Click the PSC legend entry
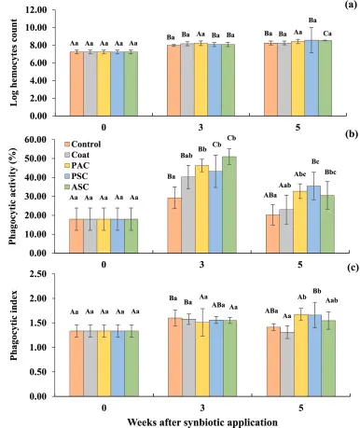tap(76, 176)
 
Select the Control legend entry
tap(83, 145)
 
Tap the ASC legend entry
tap(76, 186)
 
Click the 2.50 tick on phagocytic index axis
tap(38, 274)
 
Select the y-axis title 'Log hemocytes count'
tap(14, 62)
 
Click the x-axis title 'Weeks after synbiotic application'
tap(202, 422)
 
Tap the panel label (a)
tap(351, 5)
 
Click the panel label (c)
tap(352, 268)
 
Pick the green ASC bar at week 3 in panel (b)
tap(229, 205)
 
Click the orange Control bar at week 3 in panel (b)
tap(174, 226)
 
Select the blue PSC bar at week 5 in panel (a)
tap(312, 78)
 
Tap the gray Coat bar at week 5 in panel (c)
tap(287, 365)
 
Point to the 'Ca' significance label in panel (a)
tap(327, 34)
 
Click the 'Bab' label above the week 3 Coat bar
tap(187, 156)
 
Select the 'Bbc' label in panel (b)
tap(330, 172)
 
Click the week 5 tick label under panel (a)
tap(298, 128)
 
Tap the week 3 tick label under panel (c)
tap(202, 407)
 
